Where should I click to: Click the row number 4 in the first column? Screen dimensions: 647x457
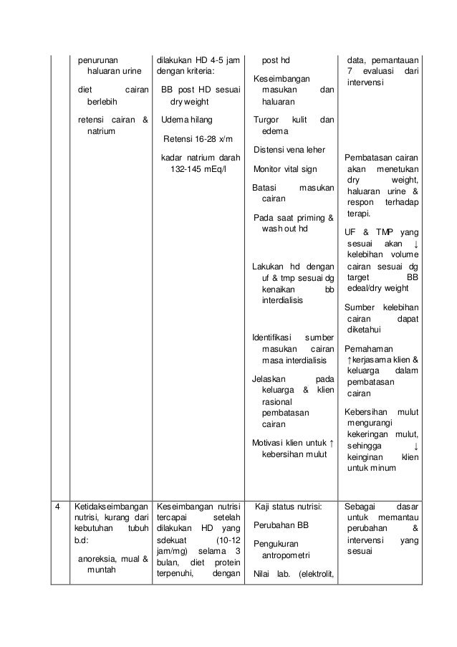(58, 507)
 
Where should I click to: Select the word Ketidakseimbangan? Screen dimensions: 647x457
(110, 507)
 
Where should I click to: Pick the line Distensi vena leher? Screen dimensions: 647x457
(288, 150)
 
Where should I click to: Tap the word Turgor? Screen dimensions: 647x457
(269, 119)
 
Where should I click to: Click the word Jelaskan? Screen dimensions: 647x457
(270, 378)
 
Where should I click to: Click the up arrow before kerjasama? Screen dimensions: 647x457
(348, 360)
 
